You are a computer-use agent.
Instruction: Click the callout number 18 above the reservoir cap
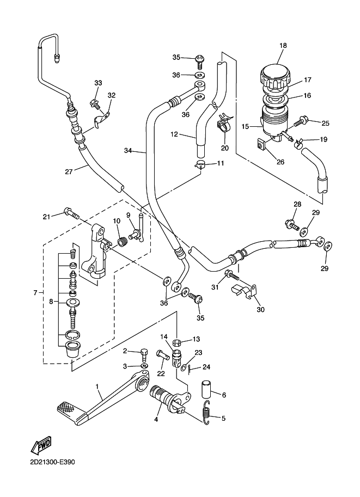[282, 46]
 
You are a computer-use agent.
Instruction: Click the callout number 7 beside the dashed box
[35, 293]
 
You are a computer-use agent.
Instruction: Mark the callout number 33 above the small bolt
[98, 83]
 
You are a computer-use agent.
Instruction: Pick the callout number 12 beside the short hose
[174, 134]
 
